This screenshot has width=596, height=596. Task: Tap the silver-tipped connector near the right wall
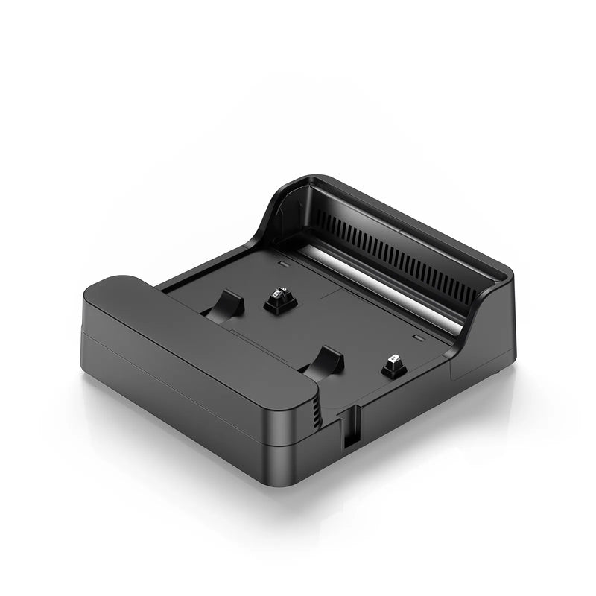(x=393, y=365)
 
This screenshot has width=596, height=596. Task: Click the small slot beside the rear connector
(x=282, y=264)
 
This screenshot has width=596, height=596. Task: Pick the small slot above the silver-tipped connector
(x=418, y=337)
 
